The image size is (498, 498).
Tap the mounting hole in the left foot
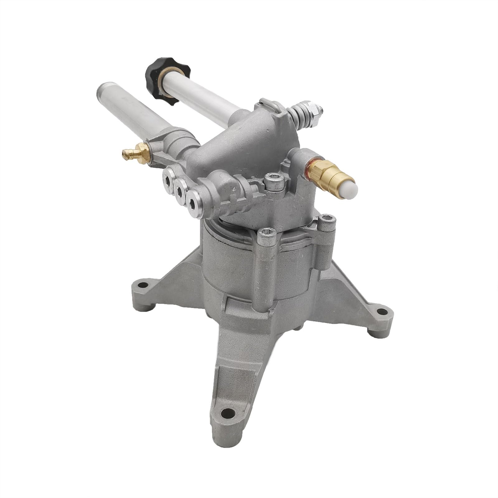coord(143,284)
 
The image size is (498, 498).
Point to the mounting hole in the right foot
coord(380,312)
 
